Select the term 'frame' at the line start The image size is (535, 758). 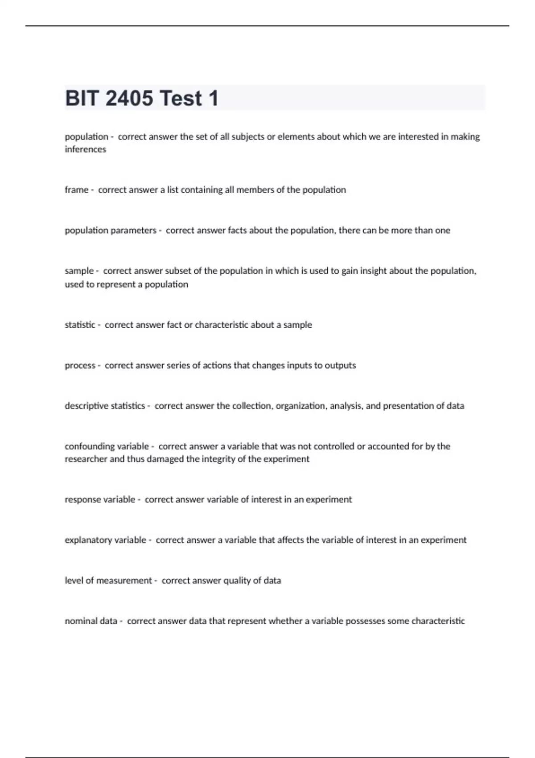(x=76, y=190)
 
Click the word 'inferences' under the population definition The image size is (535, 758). (x=85, y=149)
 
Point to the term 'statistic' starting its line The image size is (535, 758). (x=80, y=325)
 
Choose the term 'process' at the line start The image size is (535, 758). (x=80, y=366)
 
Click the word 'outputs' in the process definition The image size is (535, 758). (x=340, y=366)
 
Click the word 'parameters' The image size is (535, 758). (x=133, y=231)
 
